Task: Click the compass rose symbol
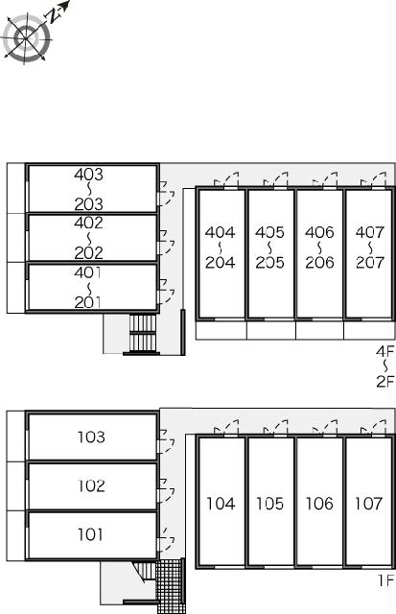27,38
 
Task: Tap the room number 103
91,437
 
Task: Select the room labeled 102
91,486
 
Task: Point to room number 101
90,534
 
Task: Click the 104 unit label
221,503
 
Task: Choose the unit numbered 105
270,503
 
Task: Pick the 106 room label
319,503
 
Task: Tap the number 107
368,503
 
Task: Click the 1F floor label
385,580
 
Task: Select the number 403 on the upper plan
89,175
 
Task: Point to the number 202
89,253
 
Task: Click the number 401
87,272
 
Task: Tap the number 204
221,262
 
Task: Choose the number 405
270,232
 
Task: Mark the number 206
319,262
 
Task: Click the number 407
370,232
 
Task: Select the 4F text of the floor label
385,351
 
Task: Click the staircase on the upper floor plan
143,333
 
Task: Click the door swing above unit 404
226,179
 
